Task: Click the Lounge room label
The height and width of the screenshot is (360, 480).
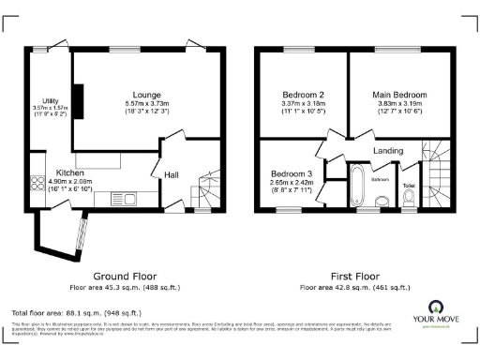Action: click(145, 95)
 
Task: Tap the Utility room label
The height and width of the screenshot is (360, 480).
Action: click(49, 100)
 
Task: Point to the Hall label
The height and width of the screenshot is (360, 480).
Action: click(172, 174)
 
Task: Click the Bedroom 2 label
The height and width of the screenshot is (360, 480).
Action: click(303, 95)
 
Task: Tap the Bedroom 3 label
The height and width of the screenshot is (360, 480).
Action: click(292, 174)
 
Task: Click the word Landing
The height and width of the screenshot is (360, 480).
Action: click(387, 150)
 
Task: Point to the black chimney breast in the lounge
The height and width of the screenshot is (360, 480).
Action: click(81, 102)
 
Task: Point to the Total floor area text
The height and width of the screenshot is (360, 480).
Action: click(76, 312)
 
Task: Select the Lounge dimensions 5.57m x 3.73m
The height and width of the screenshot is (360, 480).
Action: click(145, 103)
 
